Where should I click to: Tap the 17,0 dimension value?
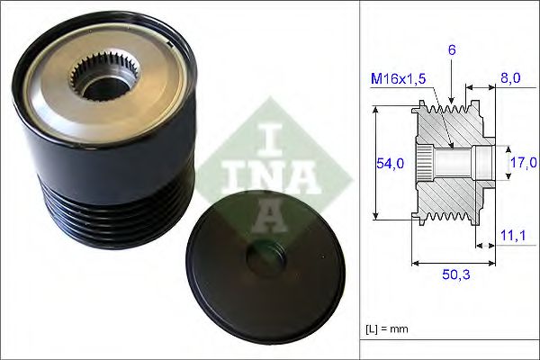pyautogui.click(x=523, y=162)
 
